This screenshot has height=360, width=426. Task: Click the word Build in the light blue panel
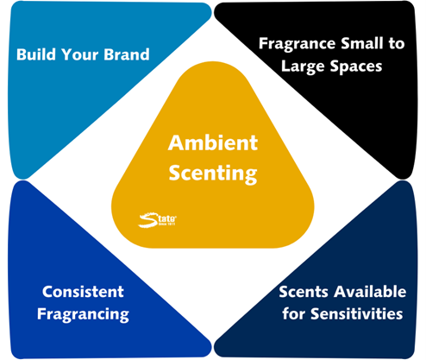click(36, 54)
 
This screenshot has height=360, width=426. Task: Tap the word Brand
click(127, 54)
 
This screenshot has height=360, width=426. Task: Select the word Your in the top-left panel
click(79, 54)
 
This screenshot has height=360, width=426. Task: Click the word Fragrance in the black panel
click(298, 44)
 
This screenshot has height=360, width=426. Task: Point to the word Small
click(362, 43)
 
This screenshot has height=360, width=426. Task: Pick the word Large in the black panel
click(303, 66)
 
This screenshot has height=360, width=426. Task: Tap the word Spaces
click(356, 66)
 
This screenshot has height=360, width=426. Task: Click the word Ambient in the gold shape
click(213, 142)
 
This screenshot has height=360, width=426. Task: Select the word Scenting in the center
click(213, 174)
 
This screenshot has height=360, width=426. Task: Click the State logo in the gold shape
click(158, 220)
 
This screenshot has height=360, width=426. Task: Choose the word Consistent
click(83, 292)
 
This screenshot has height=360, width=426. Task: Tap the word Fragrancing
click(83, 314)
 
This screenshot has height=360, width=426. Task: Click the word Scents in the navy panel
click(304, 292)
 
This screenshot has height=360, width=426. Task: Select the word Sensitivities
click(357, 313)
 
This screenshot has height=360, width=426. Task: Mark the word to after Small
click(397, 44)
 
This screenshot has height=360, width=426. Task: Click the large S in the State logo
click(148, 220)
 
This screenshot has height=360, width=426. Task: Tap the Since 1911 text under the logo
click(166, 224)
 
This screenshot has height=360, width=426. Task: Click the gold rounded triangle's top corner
click(213, 61)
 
